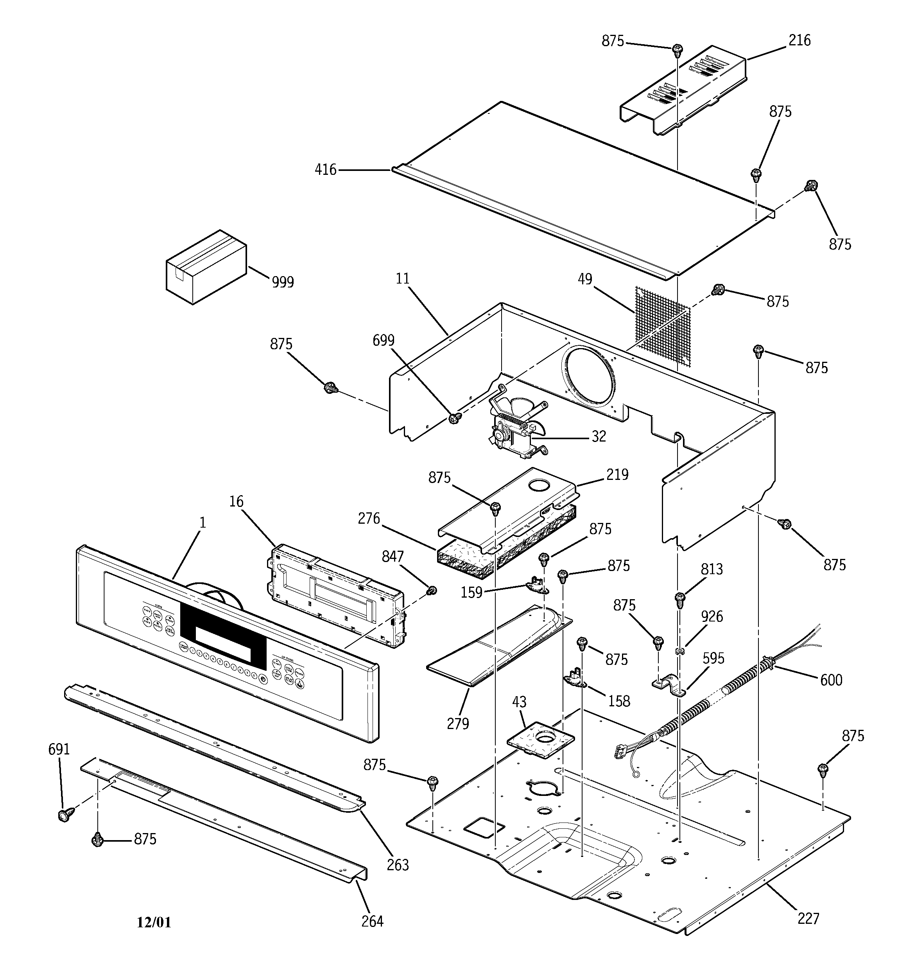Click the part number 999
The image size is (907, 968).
tap(283, 282)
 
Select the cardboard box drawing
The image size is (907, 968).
tap(206, 267)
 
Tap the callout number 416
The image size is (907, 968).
tap(326, 169)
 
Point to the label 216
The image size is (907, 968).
tap(799, 40)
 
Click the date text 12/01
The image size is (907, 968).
tap(154, 922)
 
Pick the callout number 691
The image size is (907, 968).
tap(59, 749)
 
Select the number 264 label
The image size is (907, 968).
tap(373, 921)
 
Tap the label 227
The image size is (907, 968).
tap(808, 918)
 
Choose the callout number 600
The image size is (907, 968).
tap(831, 680)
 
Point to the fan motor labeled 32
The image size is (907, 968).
tap(516, 429)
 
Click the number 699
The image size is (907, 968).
tap(384, 340)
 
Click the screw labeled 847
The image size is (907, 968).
tap(431, 591)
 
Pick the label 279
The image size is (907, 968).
tap(458, 724)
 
